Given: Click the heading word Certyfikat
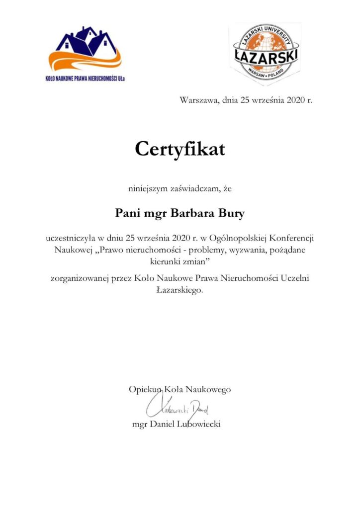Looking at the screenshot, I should click(x=180, y=149).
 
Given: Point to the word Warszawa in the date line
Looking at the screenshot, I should click(x=198, y=100).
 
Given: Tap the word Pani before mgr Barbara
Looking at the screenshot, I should click(x=126, y=214).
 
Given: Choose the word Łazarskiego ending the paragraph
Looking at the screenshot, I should click(x=180, y=290).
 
